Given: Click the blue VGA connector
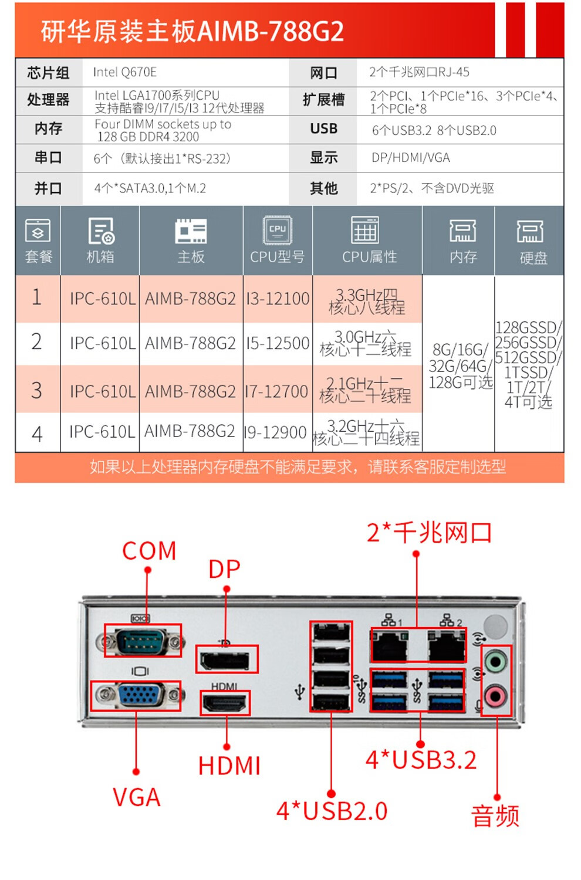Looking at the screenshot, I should [140, 696].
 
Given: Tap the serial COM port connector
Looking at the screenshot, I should [141, 641].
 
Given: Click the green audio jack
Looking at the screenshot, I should [495, 663].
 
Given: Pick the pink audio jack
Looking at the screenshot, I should [495, 697].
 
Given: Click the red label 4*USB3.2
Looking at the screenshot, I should [421, 760].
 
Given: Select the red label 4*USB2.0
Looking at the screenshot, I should [332, 811].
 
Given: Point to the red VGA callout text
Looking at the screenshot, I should [137, 797].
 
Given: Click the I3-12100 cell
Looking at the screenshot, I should [278, 299].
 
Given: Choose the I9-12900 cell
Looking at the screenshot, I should [275, 433].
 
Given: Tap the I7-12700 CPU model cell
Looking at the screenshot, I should [276, 391].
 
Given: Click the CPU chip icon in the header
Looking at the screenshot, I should [278, 230].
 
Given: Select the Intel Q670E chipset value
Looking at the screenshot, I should [125, 72].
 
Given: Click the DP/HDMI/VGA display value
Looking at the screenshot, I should [411, 158].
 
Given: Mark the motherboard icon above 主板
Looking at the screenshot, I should [191, 231].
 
